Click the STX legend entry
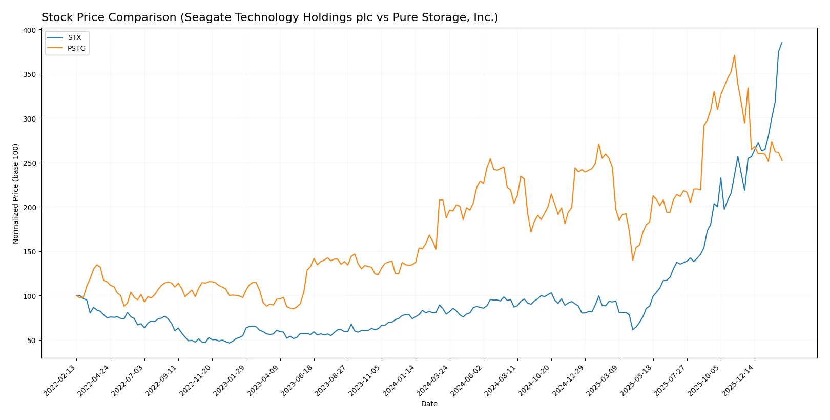coord(74,37)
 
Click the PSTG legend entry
coord(76,48)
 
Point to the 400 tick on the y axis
coord(30,30)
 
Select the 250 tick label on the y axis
coord(30,163)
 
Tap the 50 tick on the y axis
coord(32,341)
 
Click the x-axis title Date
coord(429,404)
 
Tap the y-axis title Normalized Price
coord(16,193)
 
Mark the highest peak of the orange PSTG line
coord(734,55)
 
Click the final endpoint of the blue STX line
coord(782,43)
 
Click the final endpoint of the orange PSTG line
coord(782,161)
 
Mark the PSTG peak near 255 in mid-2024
coord(490,158)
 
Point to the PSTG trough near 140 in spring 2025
coord(633,260)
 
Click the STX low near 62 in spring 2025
coord(633,329)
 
